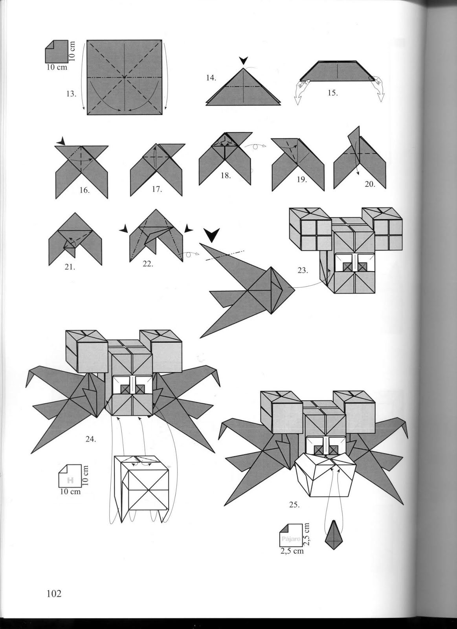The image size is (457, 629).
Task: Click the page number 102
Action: pyautogui.click(x=54, y=594)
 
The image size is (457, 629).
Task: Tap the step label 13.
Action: pyautogui.click(x=71, y=94)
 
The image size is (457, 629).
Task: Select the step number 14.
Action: pyautogui.click(x=211, y=78)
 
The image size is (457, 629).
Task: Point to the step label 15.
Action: pyautogui.click(x=332, y=93)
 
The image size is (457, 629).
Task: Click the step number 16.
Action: pyautogui.click(x=84, y=190)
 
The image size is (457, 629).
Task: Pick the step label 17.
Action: pyautogui.click(x=157, y=189)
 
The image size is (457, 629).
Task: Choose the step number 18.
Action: pyautogui.click(x=225, y=176)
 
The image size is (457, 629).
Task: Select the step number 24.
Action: pyautogui.click(x=91, y=440)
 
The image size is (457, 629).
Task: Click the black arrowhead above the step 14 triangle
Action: pyautogui.click(x=244, y=61)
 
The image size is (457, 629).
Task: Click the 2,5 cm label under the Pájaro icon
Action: pyautogui.click(x=292, y=551)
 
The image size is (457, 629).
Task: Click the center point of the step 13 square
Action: pyautogui.click(x=124, y=77)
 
